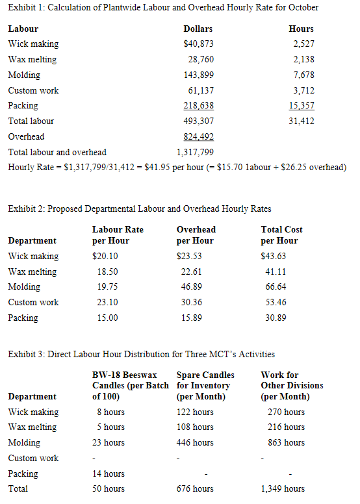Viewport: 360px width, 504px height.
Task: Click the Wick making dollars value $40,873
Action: (x=199, y=44)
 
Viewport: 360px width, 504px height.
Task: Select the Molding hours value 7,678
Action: (x=302, y=75)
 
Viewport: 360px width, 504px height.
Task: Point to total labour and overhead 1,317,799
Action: (x=195, y=153)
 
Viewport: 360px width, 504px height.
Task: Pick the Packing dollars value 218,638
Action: (x=199, y=106)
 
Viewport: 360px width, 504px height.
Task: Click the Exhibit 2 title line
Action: (x=139, y=208)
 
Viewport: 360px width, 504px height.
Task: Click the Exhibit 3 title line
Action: (x=140, y=355)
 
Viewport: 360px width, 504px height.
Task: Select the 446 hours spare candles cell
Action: (x=195, y=443)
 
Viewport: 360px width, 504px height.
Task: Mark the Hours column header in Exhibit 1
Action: (x=301, y=29)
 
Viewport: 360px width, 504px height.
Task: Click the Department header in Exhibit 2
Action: (x=32, y=241)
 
